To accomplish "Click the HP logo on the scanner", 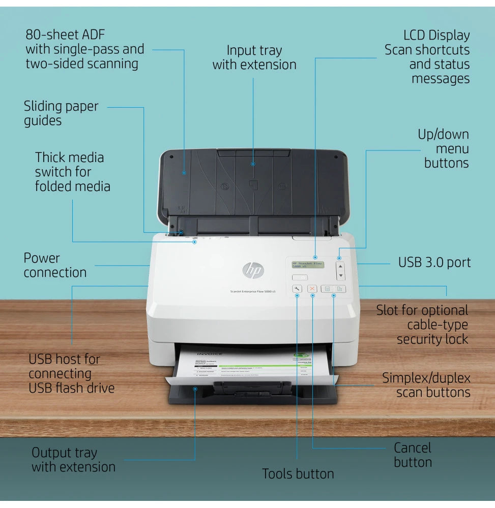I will (x=253, y=270).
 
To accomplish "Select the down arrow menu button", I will (x=340, y=276).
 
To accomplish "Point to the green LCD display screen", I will (x=307, y=265).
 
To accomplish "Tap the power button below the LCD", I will (x=300, y=277).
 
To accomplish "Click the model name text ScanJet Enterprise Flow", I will (x=253, y=291).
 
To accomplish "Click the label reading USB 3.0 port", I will (x=434, y=263).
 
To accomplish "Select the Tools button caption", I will (x=298, y=474).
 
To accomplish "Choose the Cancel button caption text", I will (x=413, y=455).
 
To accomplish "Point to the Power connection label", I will (x=55, y=265).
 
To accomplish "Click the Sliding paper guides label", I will (x=61, y=113).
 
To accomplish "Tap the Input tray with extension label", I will (x=254, y=57).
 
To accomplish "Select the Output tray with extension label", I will (x=73, y=460).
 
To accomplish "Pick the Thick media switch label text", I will (x=72, y=172).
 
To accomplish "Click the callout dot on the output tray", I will (x=195, y=389).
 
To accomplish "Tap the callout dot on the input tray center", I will (x=253, y=164).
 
